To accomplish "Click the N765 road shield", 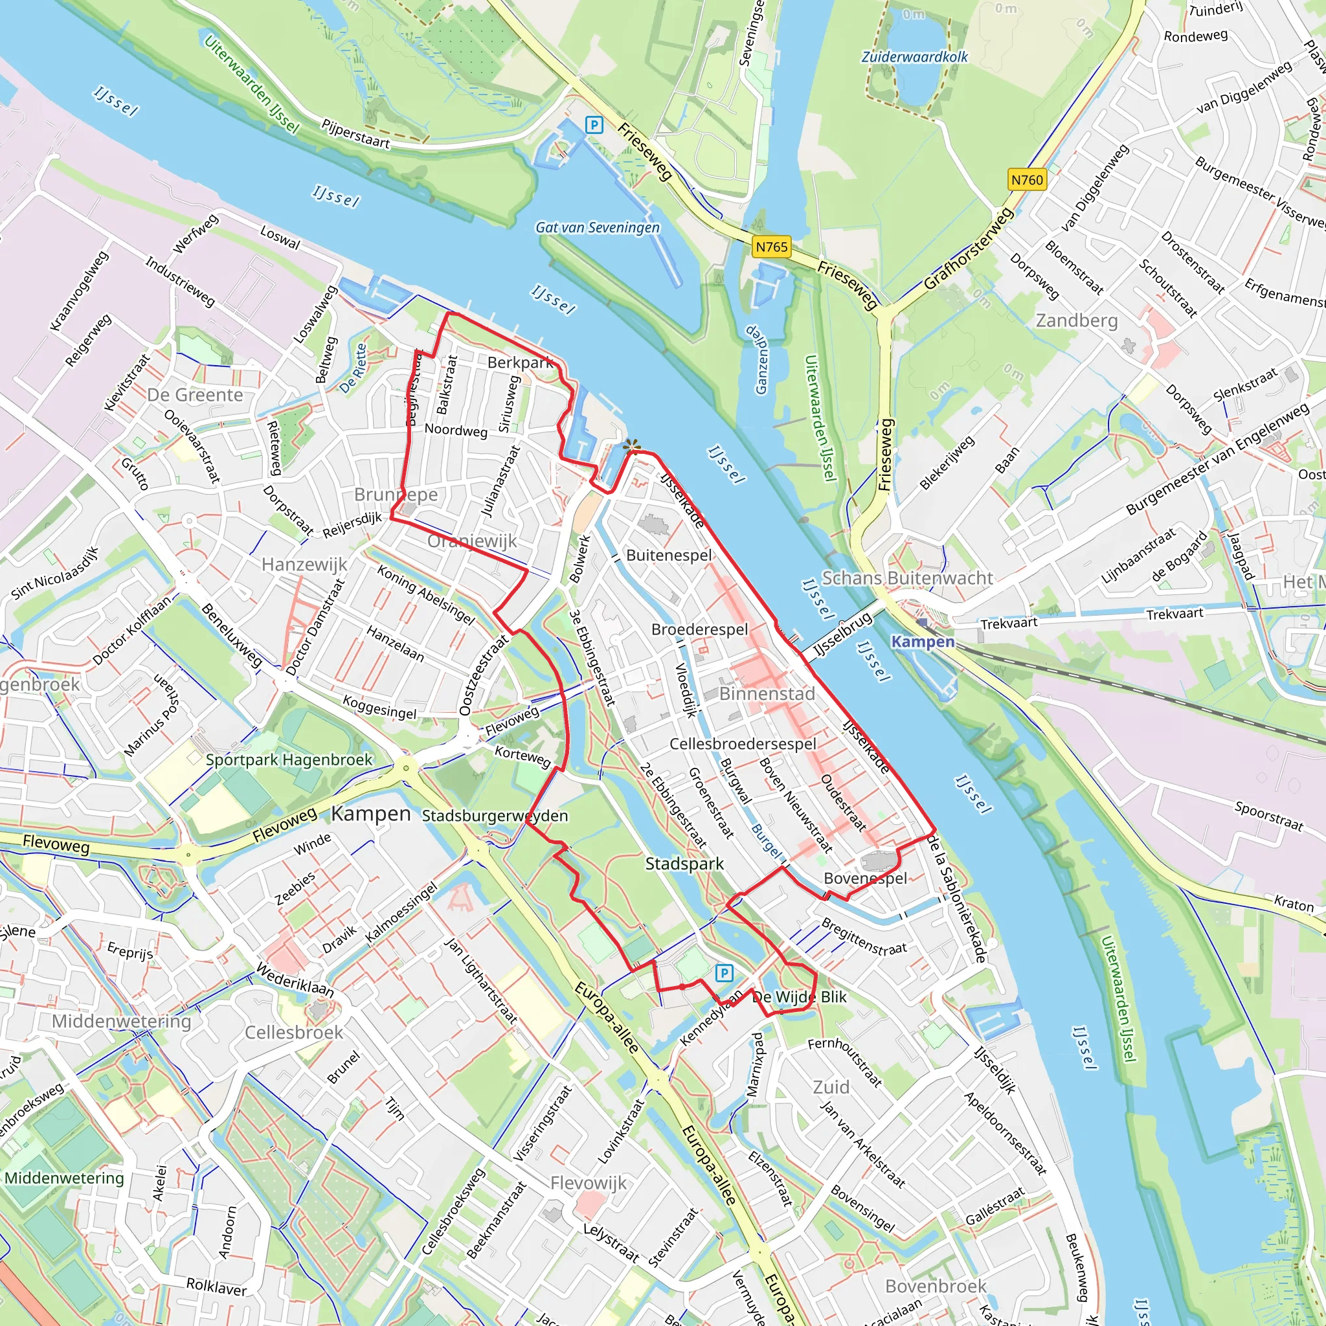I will pyautogui.click(x=771, y=247).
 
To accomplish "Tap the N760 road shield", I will pyautogui.click(x=1027, y=180).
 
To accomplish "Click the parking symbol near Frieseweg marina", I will pyautogui.click(x=594, y=125).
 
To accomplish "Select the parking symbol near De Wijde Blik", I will pyautogui.click(x=724, y=972).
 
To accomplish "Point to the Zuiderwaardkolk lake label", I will pyautogui.click(x=914, y=57).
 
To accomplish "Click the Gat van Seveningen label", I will pyautogui.click(x=597, y=227).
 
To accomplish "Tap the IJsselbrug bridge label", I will pyautogui.click(x=842, y=636).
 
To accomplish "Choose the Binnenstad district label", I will pyautogui.click(x=767, y=694).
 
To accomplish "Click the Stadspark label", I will pyautogui.click(x=684, y=864).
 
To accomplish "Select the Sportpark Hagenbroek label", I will pyautogui.click(x=289, y=759).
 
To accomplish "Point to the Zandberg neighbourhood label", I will pyautogui.click(x=1076, y=320).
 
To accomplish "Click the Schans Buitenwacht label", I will pyautogui.click(x=907, y=578).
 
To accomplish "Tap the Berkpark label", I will pyautogui.click(x=521, y=362).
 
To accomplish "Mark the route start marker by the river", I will pyautogui.click(x=631, y=447).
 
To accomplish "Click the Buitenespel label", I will pyautogui.click(x=669, y=555).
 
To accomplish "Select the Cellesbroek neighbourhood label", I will pyautogui.click(x=294, y=1032).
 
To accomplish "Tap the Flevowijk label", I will pyautogui.click(x=589, y=1182).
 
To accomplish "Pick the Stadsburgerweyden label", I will pyautogui.click(x=495, y=815).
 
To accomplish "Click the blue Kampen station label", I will pyautogui.click(x=923, y=641).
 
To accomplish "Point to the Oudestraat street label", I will pyautogui.click(x=844, y=802).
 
